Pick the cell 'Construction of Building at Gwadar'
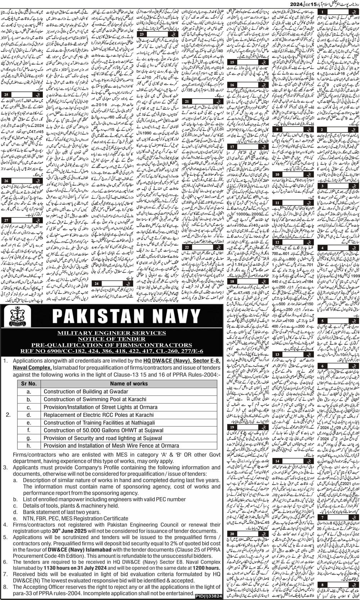(x=86, y=391)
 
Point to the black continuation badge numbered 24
(x=97, y=273)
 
